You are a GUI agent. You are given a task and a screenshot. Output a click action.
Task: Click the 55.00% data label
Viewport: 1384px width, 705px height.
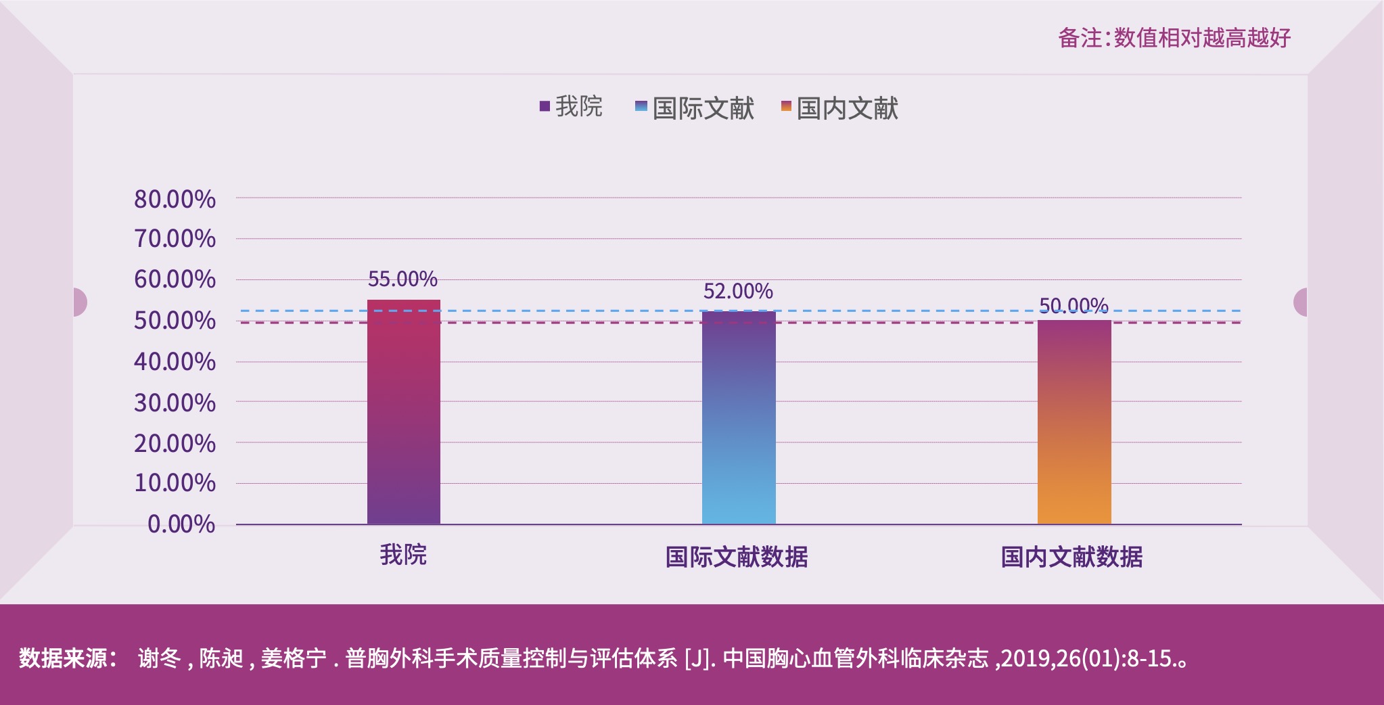tap(402, 279)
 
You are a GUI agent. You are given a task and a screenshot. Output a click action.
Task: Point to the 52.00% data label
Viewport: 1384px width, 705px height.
tap(738, 291)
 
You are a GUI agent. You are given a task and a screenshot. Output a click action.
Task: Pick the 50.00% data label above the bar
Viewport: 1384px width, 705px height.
tap(1074, 306)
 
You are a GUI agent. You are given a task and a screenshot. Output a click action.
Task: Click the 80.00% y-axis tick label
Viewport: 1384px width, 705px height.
tap(175, 199)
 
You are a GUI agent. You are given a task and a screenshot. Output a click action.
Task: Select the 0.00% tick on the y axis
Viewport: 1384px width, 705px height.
tap(181, 524)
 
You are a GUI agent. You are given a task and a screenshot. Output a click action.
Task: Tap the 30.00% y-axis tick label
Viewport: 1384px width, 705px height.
tap(175, 403)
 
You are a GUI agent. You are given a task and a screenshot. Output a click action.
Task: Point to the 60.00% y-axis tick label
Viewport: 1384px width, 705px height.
tap(175, 279)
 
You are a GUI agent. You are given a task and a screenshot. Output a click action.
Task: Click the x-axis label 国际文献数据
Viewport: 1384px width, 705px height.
tap(737, 557)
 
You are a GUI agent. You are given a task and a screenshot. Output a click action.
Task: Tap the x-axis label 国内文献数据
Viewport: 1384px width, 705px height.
tap(1071, 557)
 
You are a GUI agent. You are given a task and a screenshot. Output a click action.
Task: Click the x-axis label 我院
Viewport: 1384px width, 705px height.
tap(403, 555)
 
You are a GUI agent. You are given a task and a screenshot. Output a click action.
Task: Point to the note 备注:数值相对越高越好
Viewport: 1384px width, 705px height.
tap(1174, 38)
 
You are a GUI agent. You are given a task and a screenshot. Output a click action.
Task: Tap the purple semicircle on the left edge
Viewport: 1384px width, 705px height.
tap(79, 302)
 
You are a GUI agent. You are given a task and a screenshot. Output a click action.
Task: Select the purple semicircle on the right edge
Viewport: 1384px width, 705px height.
tap(1301, 302)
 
